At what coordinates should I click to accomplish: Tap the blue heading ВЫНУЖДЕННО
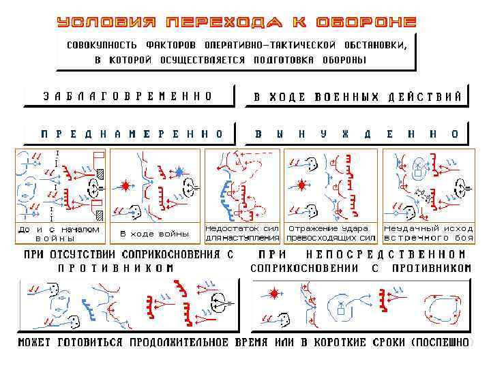tap(357, 134)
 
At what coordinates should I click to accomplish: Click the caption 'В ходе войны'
tap(155, 234)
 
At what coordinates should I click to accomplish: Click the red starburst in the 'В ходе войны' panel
tap(126, 185)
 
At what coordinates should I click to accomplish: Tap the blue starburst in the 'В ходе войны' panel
tap(179, 170)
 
